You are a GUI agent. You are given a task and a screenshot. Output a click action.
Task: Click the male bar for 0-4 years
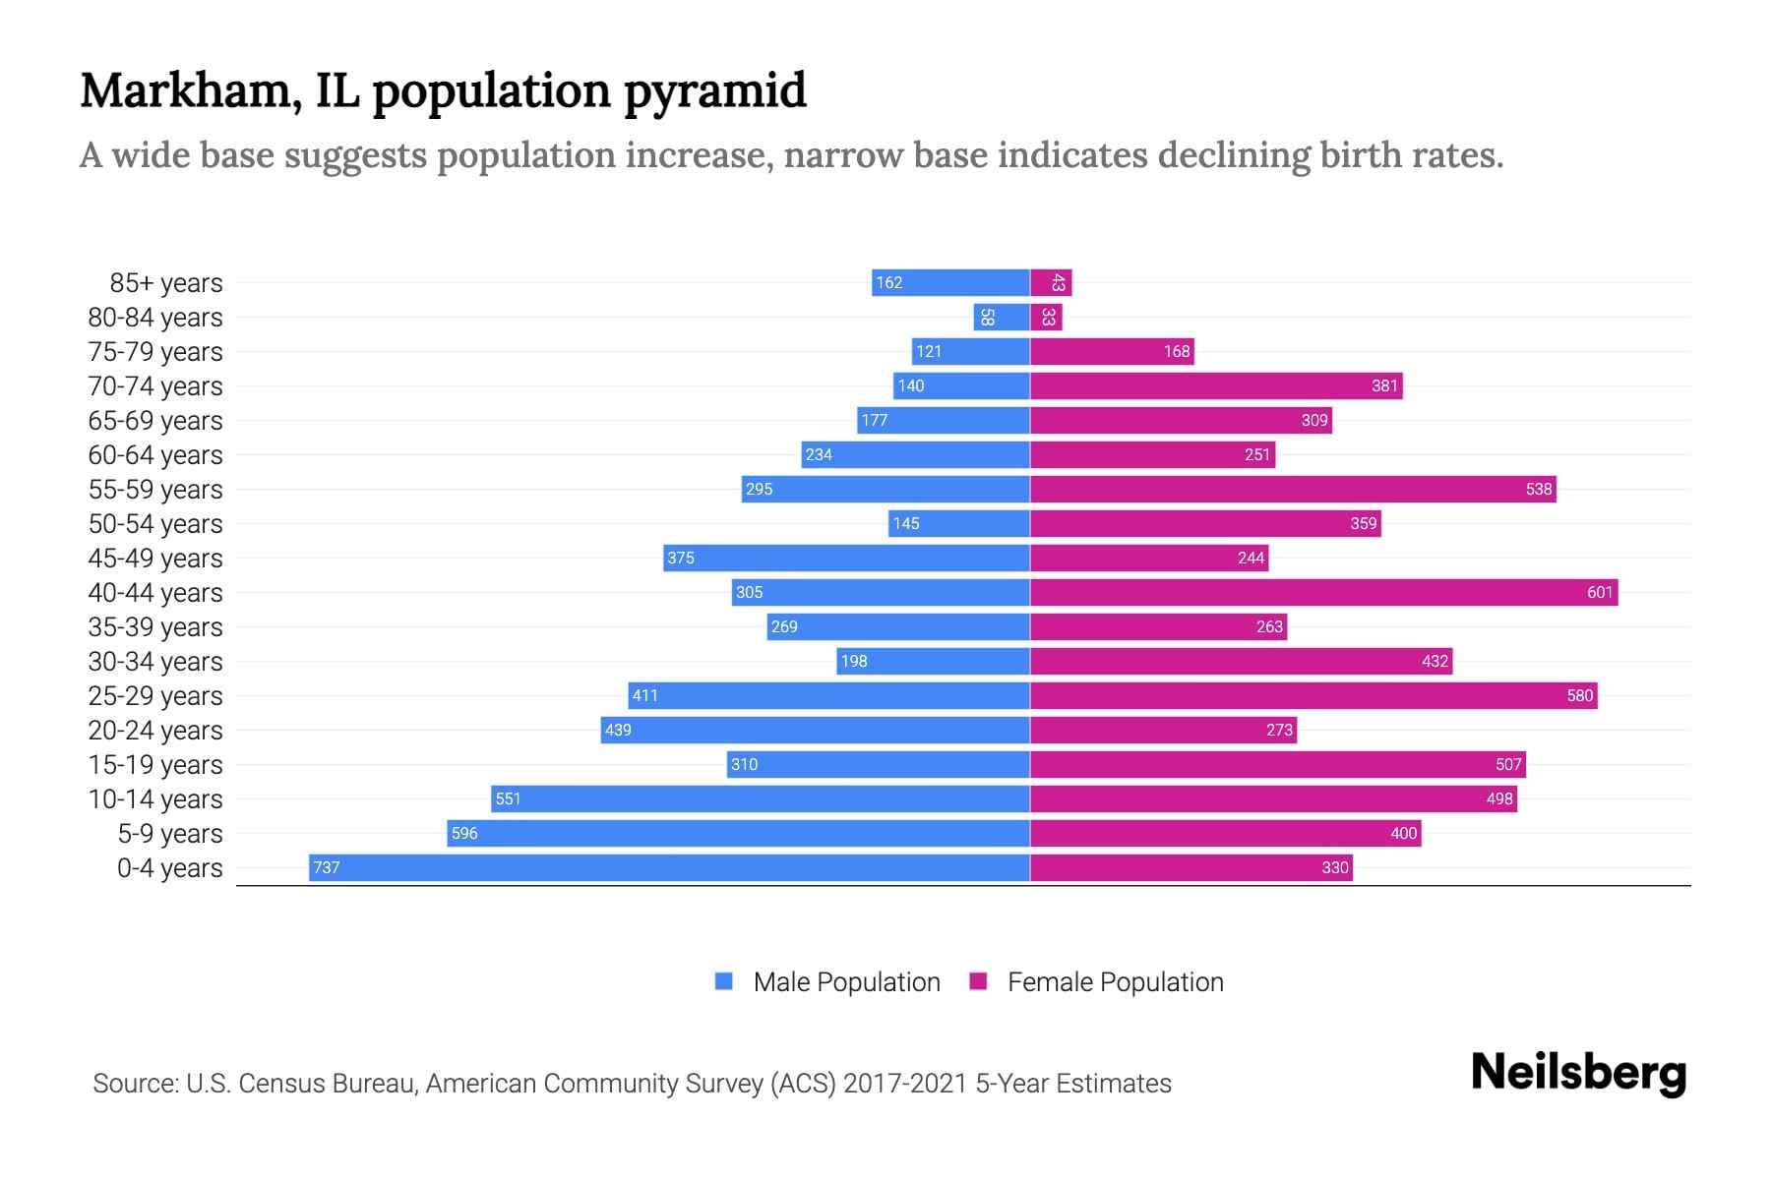tap(669, 867)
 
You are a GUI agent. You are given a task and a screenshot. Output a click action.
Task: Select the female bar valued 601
tap(1323, 592)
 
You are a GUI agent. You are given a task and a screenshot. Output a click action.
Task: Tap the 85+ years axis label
tap(165, 283)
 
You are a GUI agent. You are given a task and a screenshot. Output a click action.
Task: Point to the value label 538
tap(1538, 489)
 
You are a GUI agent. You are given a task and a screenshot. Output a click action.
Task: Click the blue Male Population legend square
tap(724, 981)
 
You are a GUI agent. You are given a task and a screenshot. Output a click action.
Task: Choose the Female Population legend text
tap(1115, 982)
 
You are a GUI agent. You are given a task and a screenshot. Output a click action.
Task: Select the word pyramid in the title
tap(714, 90)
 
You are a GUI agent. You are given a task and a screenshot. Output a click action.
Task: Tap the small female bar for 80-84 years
tap(1046, 318)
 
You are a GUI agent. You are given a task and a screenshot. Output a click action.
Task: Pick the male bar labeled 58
tap(1002, 318)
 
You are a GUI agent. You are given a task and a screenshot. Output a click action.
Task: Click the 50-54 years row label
tap(155, 524)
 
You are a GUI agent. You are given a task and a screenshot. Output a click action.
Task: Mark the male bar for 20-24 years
tap(815, 730)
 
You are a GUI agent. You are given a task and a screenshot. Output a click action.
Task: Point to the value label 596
tap(464, 833)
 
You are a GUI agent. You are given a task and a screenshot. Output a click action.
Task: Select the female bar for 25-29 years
tap(1313, 695)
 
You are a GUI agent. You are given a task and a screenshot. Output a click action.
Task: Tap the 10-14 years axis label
tap(155, 799)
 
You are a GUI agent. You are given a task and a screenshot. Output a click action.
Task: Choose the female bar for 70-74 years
tap(1216, 385)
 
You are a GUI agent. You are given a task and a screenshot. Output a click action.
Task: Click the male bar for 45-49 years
tap(846, 558)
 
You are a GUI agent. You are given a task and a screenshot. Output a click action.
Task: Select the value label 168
tap(1177, 351)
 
